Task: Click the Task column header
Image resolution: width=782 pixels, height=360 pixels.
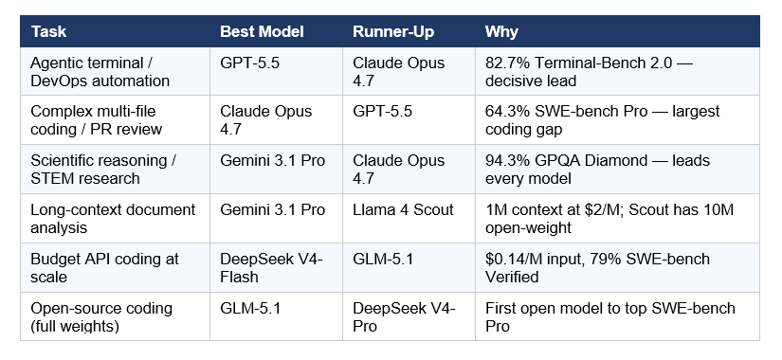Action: pos(48,32)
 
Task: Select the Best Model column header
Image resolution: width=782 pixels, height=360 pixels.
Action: pos(262,32)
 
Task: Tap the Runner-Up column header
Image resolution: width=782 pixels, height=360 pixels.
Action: pos(393,32)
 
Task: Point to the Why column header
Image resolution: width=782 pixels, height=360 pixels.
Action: pos(501,32)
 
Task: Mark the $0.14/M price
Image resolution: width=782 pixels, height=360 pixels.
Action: pos(512,258)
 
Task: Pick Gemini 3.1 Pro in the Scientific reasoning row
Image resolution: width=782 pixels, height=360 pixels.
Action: pos(273,160)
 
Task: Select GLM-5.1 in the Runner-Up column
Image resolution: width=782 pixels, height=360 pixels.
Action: pos(382,258)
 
